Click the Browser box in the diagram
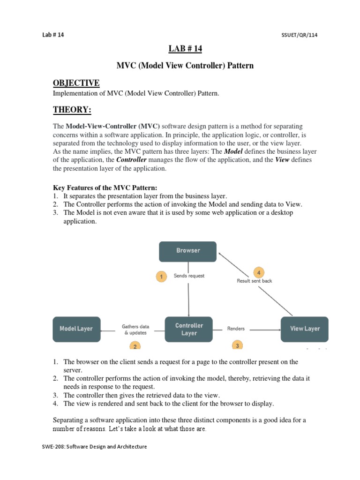(187, 251)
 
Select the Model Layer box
(76, 329)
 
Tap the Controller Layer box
(188, 329)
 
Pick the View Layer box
(304, 329)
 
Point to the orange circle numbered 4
(259, 272)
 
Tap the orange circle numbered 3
(238, 345)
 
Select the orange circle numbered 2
(135, 346)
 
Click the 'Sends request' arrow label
(189, 276)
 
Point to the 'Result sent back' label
(255, 281)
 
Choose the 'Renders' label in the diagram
(236, 329)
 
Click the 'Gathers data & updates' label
(135, 330)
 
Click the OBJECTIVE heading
(76, 83)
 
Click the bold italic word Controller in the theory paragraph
(131, 160)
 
